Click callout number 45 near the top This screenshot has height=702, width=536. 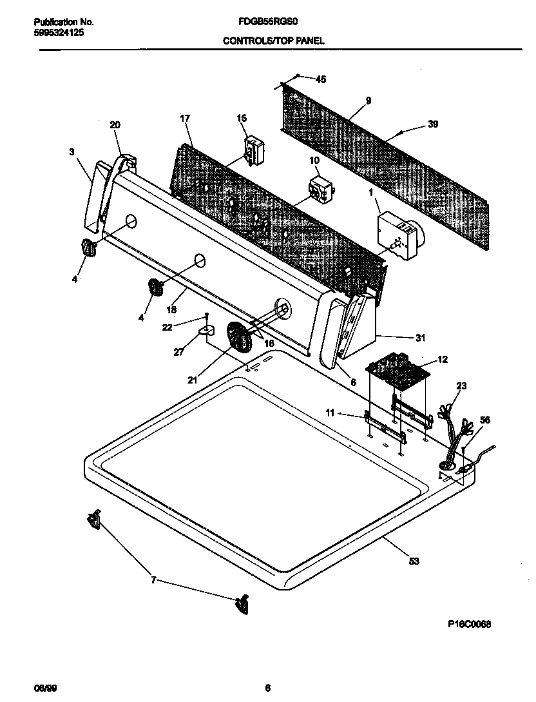pyautogui.click(x=321, y=79)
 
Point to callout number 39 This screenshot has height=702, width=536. pyautogui.click(x=433, y=124)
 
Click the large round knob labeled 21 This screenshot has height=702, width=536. pyautogui.click(x=239, y=338)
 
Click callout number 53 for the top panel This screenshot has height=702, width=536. pyautogui.click(x=414, y=561)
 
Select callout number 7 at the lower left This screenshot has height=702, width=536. pyautogui.click(x=153, y=581)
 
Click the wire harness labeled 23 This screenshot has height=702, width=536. pyautogui.click(x=455, y=429)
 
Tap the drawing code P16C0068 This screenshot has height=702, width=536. pyautogui.click(x=470, y=623)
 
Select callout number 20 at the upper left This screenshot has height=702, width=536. pyautogui.click(x=115, y=124)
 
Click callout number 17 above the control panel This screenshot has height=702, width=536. pyautogui.click(x=185, y=118)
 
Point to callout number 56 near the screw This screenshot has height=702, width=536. pyautogui.click(x=485, y=420)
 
